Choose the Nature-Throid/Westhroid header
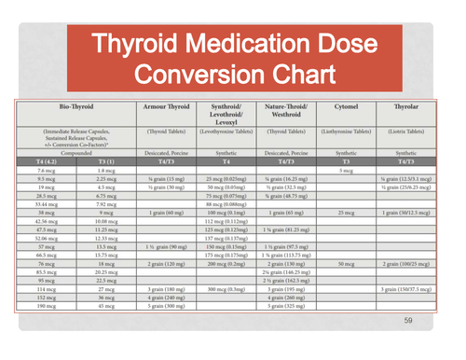pos(286,112)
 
